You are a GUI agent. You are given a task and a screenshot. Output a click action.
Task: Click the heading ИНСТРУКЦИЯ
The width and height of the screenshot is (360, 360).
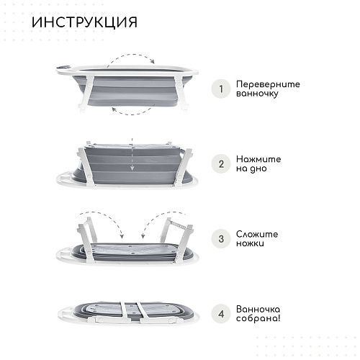[84, 22]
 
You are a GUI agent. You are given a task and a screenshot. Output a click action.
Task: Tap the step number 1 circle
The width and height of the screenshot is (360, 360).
[221, 89]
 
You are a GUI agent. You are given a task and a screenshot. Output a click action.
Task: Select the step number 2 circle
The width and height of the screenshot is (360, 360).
[221, 164]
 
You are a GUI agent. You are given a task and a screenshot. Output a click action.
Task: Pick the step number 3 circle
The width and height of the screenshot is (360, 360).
[221, 239]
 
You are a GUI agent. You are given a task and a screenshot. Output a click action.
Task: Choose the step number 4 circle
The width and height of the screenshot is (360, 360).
[221, 314]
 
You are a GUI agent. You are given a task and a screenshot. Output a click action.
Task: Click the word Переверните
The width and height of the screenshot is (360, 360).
[268, 84]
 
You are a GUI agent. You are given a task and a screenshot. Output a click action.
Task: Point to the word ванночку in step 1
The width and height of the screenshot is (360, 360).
[257, 94]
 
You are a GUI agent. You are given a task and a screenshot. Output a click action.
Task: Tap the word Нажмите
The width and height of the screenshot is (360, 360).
[258, 159]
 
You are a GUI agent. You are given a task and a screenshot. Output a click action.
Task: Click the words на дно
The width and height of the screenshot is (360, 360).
[251, 168]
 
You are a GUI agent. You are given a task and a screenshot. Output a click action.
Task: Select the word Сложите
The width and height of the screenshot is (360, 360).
[257, 234]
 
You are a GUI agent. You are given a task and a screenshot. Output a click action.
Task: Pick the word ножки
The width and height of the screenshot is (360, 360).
[250, 243]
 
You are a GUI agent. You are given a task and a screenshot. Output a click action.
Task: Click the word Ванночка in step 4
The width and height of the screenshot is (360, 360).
[258, 309]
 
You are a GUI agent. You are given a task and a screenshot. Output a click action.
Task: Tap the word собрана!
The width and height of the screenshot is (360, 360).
[258, 318]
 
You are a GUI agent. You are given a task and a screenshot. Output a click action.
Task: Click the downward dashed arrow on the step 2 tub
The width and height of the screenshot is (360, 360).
[132, 154]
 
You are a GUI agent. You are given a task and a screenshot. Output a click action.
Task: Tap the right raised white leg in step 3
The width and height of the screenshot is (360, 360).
[178, 238]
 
